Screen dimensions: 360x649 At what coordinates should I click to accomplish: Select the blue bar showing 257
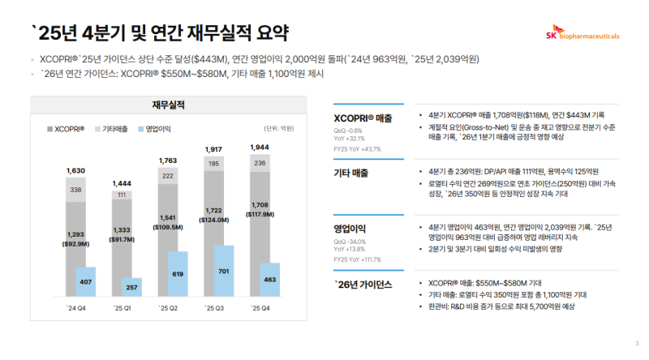(x=131, y=288)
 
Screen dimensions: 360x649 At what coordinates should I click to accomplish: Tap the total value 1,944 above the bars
(x=260, y=148)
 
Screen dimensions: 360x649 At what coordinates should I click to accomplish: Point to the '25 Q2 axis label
(x=168, y=308)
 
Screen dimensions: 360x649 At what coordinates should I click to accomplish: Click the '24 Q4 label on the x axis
(x=77, y=308)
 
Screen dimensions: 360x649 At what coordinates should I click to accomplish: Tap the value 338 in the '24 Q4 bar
(x=76, y=190)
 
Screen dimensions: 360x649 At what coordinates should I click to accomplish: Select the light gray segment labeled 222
(x=168, y=176)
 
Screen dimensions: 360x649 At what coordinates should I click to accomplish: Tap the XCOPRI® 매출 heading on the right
(x=363, y=118)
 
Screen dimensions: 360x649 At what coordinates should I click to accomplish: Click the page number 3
(x=637, y=344)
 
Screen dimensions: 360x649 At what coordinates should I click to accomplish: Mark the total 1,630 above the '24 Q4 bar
(x=76, y=171)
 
